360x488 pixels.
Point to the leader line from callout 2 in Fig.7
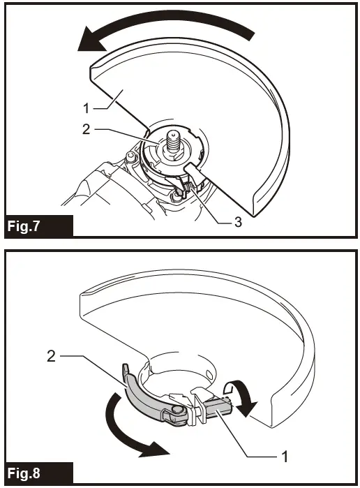coord(119,131)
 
